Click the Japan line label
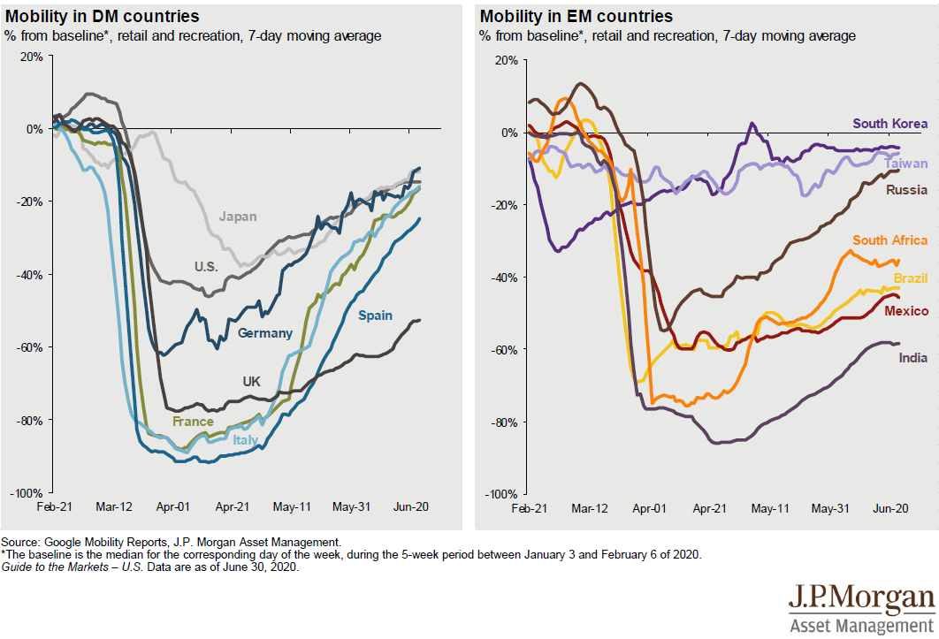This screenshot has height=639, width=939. [x=239, y=215]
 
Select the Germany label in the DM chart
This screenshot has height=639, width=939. [x=264, y=333]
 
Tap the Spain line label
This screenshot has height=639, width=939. [x=375, y=316]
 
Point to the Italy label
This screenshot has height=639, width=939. [x=245, y=439]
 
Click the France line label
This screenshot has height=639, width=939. [x=193, y=422]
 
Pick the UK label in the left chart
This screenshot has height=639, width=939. [x=251, y=382]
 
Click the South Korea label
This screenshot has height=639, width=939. [x=889, y=124]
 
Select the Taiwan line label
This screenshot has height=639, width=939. [x=906, y=164]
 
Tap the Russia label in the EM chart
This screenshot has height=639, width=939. [x=906, y=189]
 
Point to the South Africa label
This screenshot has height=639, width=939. [x=889, y=240]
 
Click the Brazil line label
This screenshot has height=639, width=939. [x=910, y=278]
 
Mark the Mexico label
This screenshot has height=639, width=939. [x=906, y=311]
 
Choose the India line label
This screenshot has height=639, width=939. [x=913, y=358]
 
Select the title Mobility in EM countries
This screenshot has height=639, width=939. [x=576, y=17]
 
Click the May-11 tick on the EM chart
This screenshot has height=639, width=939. [x=769, y=509]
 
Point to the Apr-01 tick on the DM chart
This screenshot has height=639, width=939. [x=172, y=507]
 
